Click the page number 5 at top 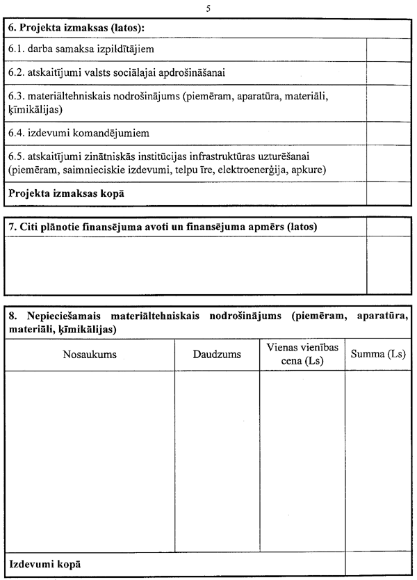tap(208, 8)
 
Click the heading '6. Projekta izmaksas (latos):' tap(81, 28)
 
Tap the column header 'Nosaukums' tap(90, 355)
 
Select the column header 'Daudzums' tap(217, 355)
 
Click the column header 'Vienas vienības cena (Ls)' tap(302, 354)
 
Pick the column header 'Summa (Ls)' tap(378, 355)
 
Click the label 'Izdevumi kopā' tap(45, 563)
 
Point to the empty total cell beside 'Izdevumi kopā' tap(378, 563)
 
